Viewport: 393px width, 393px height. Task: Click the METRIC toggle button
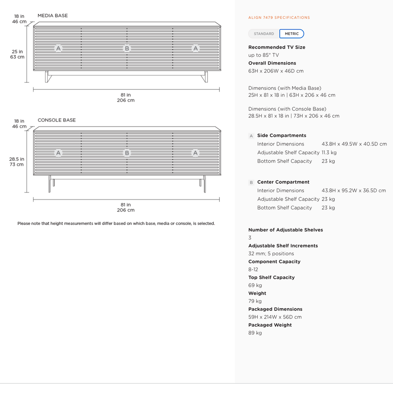point(292,34)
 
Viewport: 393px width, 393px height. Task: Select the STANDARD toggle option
point(264,34)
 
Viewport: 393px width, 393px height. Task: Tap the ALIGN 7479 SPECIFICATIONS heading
point(279,18)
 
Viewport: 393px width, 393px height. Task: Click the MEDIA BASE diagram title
point(53,15)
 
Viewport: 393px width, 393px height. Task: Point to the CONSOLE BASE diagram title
point(57,120)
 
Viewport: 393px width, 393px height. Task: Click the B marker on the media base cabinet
point(127,48)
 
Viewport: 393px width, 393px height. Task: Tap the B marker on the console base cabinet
point(127,153)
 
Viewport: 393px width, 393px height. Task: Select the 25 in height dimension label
point(17,52)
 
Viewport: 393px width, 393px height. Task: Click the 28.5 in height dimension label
point(17,159)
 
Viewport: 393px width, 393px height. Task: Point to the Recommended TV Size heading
point(277,47)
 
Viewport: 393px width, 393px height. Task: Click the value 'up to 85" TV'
point(263,55)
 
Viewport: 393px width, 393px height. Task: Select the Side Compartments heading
point(282,135)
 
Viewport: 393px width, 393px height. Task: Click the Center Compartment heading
point(283,182)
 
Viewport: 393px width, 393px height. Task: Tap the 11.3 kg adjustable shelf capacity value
point(329,152)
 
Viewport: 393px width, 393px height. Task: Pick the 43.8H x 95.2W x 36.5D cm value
point(353,190)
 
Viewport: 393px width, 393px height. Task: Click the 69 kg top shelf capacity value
point(255,285)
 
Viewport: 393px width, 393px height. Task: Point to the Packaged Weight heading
point(270,325)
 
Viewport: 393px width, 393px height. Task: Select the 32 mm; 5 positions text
point(271,253)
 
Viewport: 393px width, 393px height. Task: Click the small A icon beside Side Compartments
point(251,136)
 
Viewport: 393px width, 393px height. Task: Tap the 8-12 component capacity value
point(253,269)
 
